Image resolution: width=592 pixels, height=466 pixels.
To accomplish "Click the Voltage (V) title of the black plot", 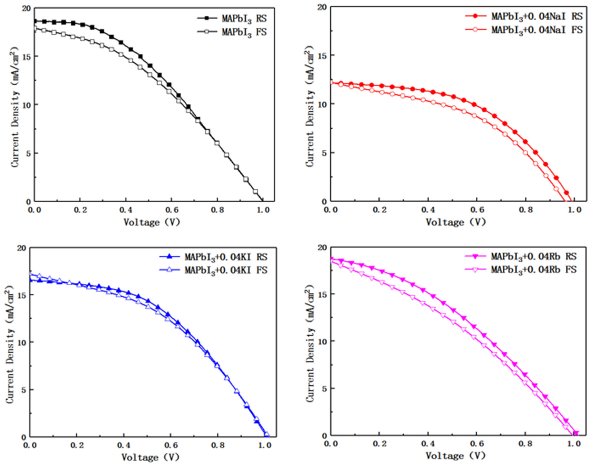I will coord(152,222).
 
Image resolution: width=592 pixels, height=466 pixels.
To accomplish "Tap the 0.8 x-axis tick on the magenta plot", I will coord(525,444).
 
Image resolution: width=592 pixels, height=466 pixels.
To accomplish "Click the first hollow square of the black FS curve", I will coord(35,28).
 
